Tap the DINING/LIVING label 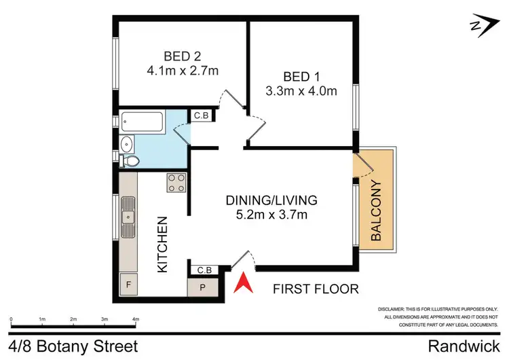[x=271, y=200]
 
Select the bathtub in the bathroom [x=143, y=123]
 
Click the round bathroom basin [x=126, y=143]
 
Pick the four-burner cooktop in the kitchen [x=176, y=183]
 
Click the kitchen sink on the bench [x=128, y=217]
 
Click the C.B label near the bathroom [x=202, y=116]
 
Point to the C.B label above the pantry [x=204, y=270]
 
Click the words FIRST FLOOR [x=315, y=289]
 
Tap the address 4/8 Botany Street [x=75, y=346]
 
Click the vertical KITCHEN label [x=163, y=245]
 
